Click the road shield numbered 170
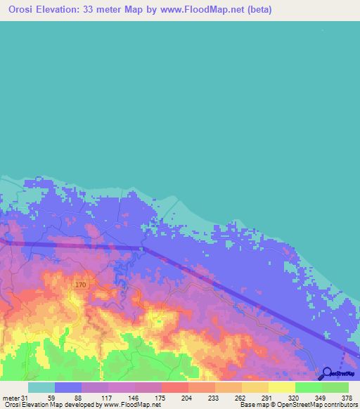80,285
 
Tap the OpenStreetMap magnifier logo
328,374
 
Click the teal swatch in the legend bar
41,387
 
